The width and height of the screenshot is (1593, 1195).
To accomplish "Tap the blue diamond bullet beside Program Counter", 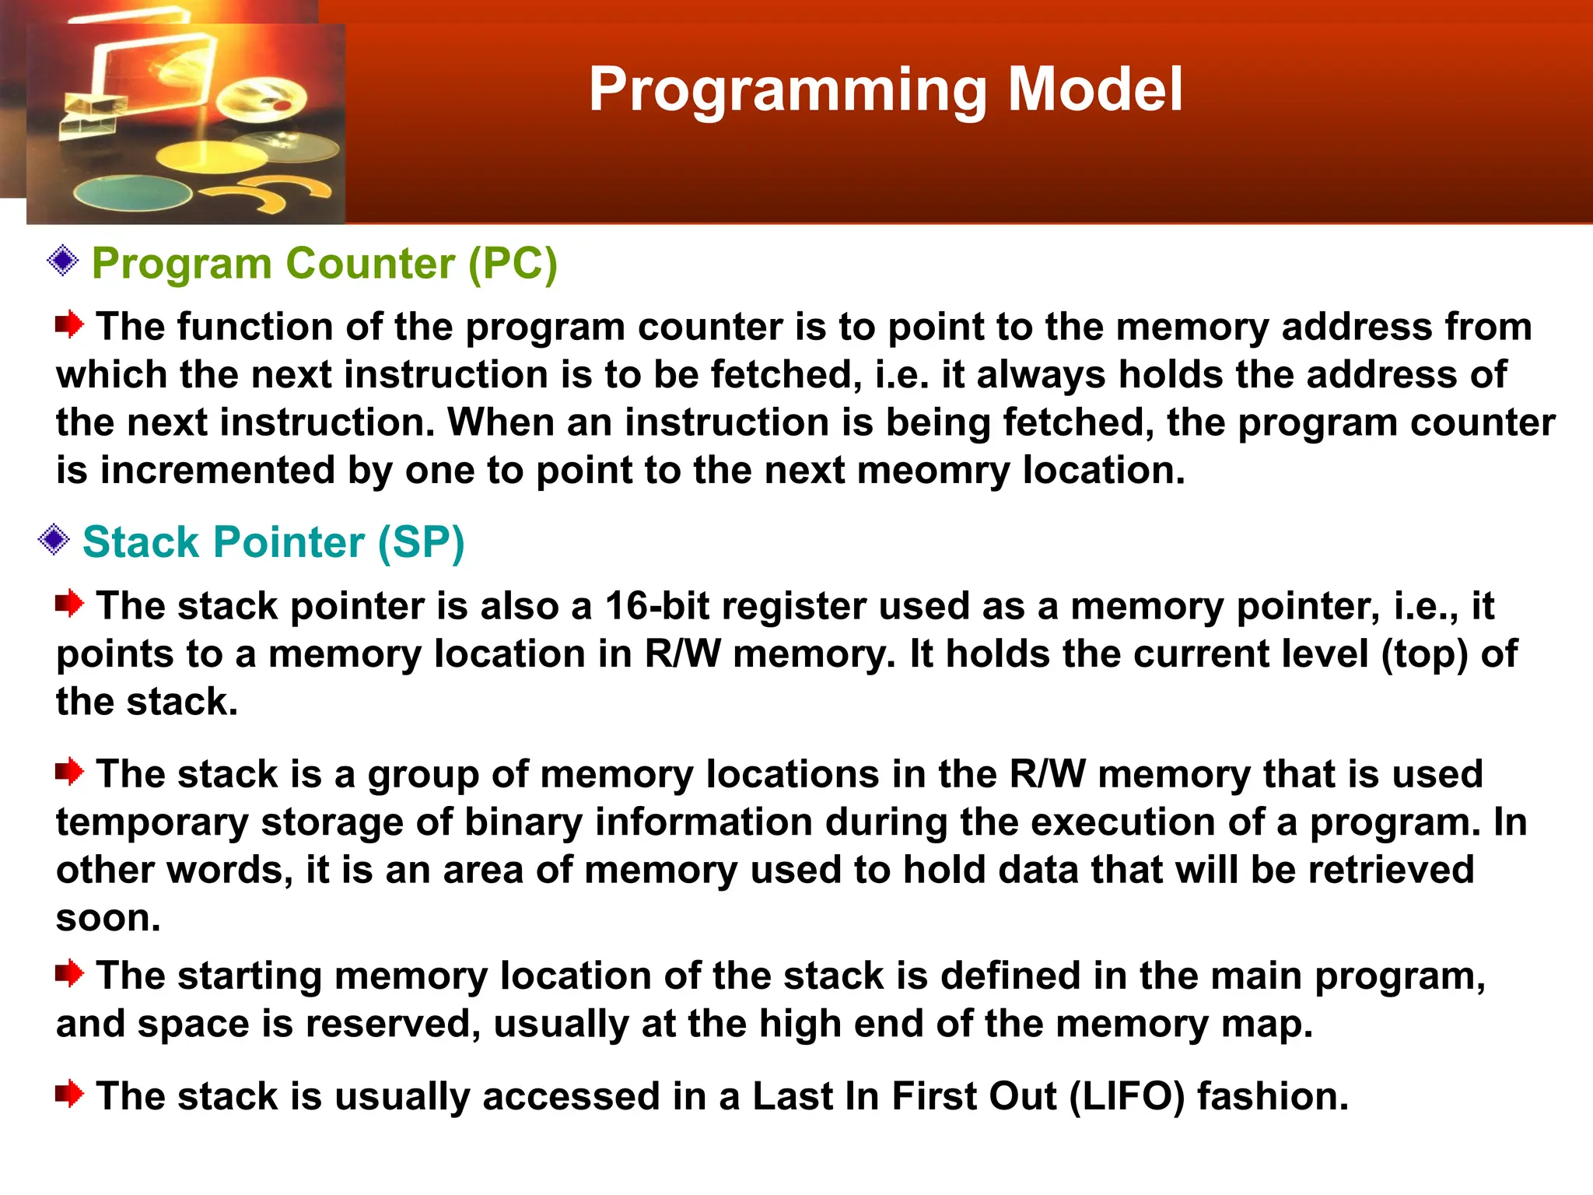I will click(x=63, y=261).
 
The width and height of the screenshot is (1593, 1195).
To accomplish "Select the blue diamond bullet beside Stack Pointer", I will click(x=54, y=539).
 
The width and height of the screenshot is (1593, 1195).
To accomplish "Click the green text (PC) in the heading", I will click(x=513, y=264).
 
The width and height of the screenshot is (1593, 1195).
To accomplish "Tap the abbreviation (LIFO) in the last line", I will click(x=1127, y=1096).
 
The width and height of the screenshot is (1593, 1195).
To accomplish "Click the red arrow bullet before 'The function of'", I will click(x=69, y=324).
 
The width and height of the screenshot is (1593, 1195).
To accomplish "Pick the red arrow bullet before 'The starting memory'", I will click(x=69, y=973).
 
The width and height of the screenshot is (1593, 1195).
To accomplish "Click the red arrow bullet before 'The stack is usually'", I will click(x=69, y=1094).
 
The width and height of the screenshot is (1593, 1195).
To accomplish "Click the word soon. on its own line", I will click(x=108, y=918).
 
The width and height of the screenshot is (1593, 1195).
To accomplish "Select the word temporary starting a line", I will click(x=152, y=823).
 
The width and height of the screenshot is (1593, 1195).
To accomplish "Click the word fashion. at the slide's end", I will click(x=1273, y=1096).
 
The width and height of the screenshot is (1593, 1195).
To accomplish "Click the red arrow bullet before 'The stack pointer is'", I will click(x=69, y=603).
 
